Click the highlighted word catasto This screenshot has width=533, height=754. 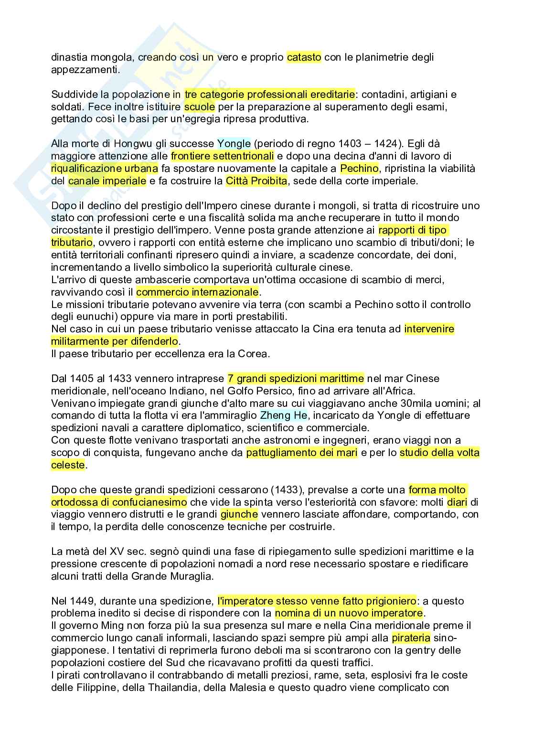304,57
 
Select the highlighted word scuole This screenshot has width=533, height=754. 199,106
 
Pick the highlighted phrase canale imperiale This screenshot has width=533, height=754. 107,181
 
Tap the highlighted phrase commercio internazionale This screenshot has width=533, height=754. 197,292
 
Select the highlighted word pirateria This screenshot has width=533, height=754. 411,638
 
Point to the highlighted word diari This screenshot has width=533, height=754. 457,502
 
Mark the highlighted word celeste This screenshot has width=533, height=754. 68,465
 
